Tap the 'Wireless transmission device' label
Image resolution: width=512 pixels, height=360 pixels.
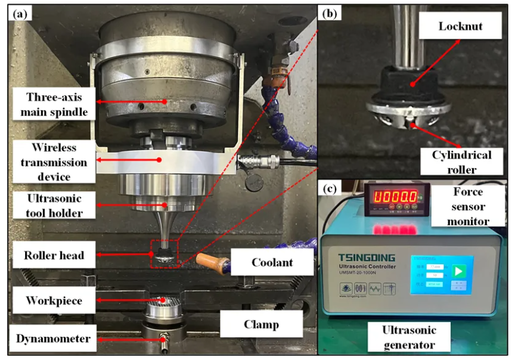(53, 161)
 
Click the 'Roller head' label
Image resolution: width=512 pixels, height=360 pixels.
(52, 256)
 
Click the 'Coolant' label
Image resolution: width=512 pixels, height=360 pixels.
(272, 262)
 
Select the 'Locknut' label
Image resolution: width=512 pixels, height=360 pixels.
(452, 27)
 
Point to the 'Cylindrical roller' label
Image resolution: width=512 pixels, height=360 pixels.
(463, 161)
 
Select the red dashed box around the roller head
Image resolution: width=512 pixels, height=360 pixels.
(165, 254)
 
